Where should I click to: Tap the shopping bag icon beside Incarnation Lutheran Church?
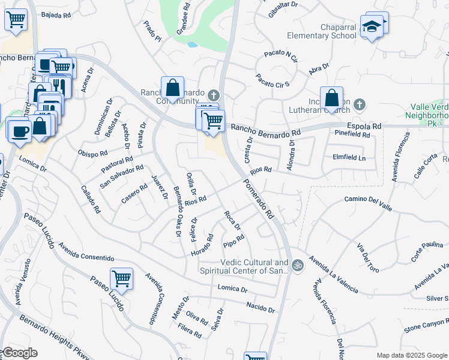pos(331,98)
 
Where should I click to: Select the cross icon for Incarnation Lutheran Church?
pos(359,105)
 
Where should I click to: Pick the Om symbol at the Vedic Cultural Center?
pos(297,265)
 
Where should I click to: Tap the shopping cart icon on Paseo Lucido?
pos(122,278)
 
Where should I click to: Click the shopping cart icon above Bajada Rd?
pos(16,19)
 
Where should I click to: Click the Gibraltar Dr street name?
pos(283,5)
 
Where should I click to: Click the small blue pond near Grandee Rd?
pos(191,44)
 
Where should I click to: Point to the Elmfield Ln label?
pos(348,158)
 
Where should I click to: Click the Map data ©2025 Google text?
pos(411,355)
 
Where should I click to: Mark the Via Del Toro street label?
pos(369,256)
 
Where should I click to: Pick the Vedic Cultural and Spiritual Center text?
pos(246,267)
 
